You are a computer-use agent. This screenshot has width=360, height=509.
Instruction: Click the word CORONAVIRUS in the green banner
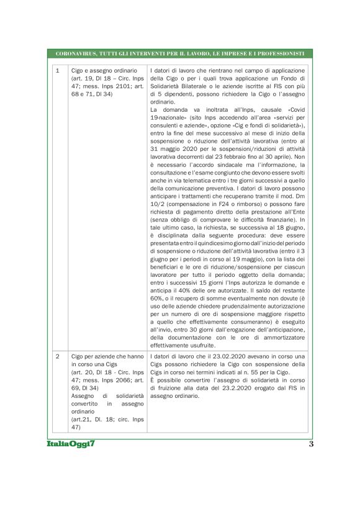[73, 54]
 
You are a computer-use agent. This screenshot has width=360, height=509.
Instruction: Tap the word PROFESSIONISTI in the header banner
[275, 54]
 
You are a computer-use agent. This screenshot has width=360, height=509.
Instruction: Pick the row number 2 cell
[57, 356]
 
